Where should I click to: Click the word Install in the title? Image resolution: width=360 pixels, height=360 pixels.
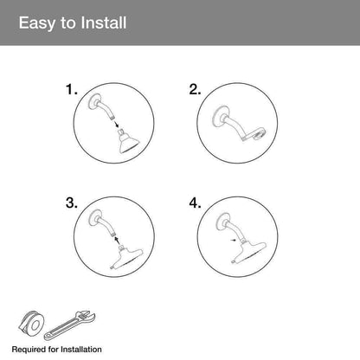104,22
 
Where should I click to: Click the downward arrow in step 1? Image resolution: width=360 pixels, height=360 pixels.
116,125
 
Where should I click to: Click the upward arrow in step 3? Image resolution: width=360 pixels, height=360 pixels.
116,240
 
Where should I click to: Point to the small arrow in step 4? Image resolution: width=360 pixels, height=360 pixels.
233,240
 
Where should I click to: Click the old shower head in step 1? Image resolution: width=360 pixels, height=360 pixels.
128,141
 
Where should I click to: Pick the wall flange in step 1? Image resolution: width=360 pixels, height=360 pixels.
94,101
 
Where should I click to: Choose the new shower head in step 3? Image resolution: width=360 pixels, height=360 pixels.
126,258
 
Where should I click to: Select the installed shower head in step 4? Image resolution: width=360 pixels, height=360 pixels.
248,252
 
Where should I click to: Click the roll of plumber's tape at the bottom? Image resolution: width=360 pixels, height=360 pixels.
31,324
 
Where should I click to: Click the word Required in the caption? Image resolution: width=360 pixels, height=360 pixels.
29,350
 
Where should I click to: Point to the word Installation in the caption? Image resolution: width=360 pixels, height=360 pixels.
81,350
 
